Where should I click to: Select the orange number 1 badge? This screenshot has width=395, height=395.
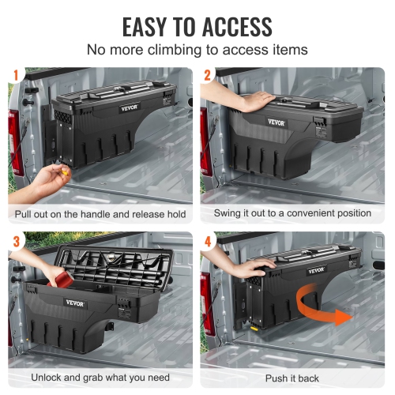coord(14,77)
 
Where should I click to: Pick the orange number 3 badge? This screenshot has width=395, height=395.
coord(14,240)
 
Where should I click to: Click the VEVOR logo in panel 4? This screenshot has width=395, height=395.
coord(316,270)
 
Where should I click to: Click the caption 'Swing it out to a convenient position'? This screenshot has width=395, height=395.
coord(292,213)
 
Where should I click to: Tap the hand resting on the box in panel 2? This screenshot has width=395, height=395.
coord(257,100)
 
